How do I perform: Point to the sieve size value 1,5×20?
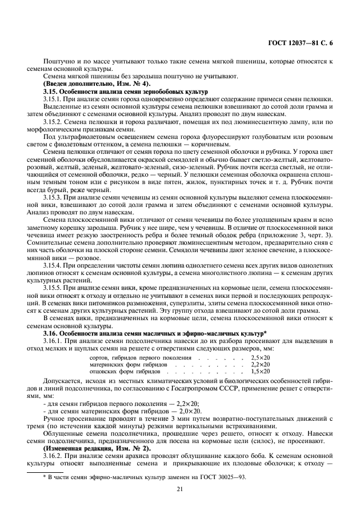coord(260,371)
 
